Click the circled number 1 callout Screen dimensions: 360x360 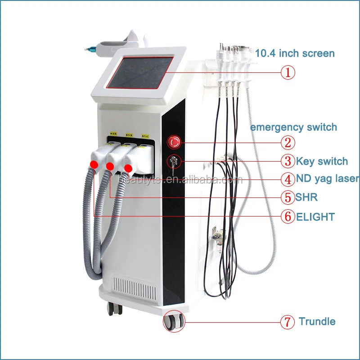[x=288, y=72]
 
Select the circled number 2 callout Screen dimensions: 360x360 [x=288, y=143]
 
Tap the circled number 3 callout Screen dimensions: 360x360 [x=288, y=161]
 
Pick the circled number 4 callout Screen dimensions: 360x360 [x=288, y=179]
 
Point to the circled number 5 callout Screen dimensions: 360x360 [x=288, y=198]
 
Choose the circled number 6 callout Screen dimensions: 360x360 [x=288, y=216]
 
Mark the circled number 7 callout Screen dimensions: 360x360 [x=288, y=322]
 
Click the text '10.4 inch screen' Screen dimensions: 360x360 [x=295, y=54]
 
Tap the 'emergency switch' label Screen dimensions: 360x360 [x=293, y=127]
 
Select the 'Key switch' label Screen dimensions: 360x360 [x=321, y=161]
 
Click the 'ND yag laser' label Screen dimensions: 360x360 [x=327, y=179]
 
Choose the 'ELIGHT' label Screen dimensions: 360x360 [x=315, y=217]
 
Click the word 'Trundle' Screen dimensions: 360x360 [x=317, y=322]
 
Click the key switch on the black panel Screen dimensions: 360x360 [x=173, y=161]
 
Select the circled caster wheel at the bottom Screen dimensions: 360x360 [x=175, y=320]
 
